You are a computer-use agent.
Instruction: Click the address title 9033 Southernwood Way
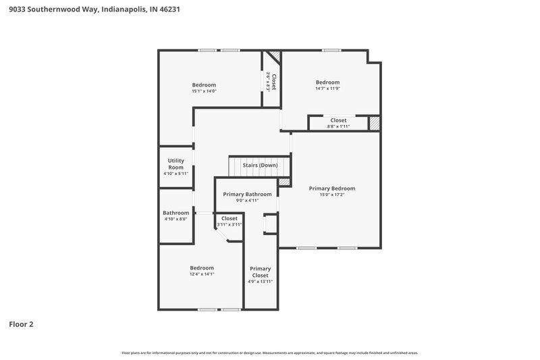[94, 10]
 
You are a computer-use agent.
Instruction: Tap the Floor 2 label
[21, 324]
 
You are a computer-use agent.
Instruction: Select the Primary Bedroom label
[332, 188]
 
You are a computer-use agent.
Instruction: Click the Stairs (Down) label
[260, 165]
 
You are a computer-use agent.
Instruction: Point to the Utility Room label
[175, 163]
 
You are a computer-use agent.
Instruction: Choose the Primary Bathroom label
[248, 194]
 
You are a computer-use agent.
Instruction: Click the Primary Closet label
[260, 272]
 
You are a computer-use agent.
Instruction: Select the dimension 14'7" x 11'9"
[328, 88]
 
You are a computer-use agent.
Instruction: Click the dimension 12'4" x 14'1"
[202, 274]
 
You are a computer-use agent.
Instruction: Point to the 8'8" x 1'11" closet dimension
[339, 126]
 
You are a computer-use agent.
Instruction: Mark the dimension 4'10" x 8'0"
[175, 219]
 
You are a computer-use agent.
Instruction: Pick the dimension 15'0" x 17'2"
[332, 195]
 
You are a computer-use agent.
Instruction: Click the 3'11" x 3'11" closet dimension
[230, 224]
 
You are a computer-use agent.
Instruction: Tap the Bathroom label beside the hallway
[175, 213]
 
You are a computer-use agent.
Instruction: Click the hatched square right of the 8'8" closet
[374, 123]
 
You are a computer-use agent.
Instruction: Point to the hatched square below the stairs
[284, 182]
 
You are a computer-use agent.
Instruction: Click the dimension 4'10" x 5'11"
[175, 174]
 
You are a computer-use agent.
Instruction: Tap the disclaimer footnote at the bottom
[270, 353]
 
